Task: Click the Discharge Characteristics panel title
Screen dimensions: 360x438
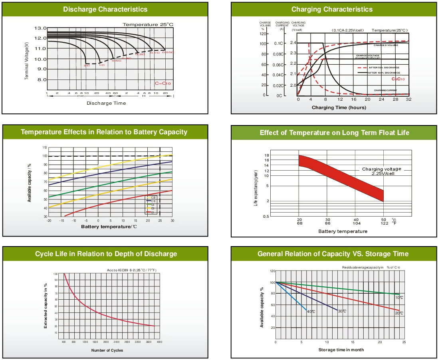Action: (x=105, y=9)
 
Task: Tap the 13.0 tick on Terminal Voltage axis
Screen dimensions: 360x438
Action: (x=41, y=28)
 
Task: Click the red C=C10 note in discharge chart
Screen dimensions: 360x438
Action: (x=163, y=83)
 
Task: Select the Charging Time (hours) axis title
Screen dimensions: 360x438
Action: (x=339, y=107)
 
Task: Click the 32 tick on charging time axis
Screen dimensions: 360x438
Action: (x=408, y=99)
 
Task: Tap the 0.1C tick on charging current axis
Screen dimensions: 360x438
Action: (x=279, y=43)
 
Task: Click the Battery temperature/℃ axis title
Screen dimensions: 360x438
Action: (x=109, y=227)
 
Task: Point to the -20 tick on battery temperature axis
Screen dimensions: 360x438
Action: (x=49, y=221)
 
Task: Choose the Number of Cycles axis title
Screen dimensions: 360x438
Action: (x=107, y=350)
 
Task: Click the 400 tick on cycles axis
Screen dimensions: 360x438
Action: (x=64, y=342)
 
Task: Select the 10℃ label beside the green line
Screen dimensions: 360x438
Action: (x=399, y=298)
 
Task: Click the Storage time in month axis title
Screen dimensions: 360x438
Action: (x=341, y=350)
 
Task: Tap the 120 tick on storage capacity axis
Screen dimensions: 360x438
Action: (x=273, y=271)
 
